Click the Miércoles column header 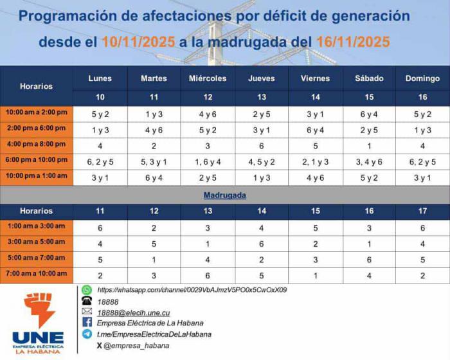[207, 78]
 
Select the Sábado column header [369, 78]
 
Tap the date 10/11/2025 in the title [138, 42]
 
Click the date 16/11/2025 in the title [353, 42]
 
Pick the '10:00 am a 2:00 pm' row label [37, 113]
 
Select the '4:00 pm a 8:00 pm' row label [37, 145]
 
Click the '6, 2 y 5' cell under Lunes [100, 161]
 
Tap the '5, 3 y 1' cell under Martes [154, 161]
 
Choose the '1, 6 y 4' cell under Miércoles [207, 161]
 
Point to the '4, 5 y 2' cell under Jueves [261, 161]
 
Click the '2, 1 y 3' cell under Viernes [315, 161]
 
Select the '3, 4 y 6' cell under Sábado [369, 161]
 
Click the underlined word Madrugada [225, 194]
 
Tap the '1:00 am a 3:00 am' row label [37, 226]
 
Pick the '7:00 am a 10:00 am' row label [37, 275]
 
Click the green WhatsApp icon [87, 290]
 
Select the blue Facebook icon [87, 323]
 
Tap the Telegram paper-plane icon [87, 334]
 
